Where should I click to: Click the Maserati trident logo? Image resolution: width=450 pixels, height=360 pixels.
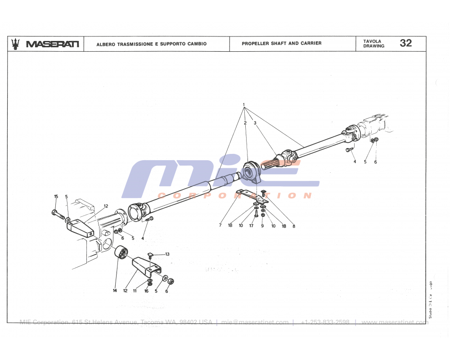(x=16, y=44)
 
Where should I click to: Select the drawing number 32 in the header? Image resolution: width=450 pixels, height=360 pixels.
(x=405, y=43)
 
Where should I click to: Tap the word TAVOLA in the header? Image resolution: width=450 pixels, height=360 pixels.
(x=372, y=41)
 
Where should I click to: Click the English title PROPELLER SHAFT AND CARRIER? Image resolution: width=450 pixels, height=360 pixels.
(x=282, y=44)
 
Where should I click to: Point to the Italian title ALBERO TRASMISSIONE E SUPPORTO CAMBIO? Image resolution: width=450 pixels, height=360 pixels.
(x=151, y=44)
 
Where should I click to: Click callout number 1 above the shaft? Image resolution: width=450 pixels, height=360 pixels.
(x=243, y=105)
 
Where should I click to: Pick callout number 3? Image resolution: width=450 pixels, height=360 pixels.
(x=255, y=122)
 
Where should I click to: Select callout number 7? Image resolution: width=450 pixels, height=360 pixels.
(x=220, y=225)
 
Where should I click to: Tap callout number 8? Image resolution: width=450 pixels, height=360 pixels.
(x=294, y=226)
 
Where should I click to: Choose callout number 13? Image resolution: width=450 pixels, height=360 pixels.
(x=167, y=254)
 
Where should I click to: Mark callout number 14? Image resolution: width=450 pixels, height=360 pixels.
(x=115, y=291)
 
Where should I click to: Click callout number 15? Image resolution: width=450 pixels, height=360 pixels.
(x=56, y=196)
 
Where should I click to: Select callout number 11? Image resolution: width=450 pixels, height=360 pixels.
(x=135, y=291)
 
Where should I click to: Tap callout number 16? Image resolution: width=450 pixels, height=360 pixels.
(x=146, y=291)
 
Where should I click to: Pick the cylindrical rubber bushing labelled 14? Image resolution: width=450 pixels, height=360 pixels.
(x=120, y=253)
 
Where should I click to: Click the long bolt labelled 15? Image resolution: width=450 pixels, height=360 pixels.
(x=58, y=213)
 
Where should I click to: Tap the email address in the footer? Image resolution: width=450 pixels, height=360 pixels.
(x=255, y=322)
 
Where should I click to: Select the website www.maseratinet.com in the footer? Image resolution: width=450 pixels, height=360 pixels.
(x=394, y=322)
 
